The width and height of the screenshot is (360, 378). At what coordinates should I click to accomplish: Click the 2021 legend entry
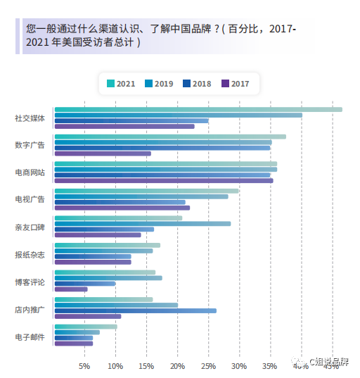(121, 84)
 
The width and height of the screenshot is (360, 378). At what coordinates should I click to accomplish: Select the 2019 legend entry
(159, 84)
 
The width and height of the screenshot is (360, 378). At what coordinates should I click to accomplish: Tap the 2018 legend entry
(197, 84)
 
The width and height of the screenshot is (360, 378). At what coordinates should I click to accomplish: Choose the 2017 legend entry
(235, 84)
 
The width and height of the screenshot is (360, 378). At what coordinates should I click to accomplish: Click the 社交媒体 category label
(30, 118)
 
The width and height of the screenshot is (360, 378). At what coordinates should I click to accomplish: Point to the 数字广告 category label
(30, 145)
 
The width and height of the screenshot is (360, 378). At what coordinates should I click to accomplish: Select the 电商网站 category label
(30, 172)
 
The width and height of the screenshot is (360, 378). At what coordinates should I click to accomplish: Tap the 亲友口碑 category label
(30, 227)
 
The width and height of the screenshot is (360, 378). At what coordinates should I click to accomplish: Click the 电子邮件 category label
(30, 336)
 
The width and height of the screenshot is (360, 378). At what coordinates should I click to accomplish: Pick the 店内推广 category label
(30, 309)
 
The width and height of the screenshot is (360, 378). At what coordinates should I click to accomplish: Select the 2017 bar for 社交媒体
(124, 127)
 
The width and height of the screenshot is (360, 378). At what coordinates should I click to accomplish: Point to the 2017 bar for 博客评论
(71, 289)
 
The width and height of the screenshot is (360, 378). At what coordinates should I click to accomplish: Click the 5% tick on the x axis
(84, 366)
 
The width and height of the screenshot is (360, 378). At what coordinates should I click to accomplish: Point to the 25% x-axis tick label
(208, 366)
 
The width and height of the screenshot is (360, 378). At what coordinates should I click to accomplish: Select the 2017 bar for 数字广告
(103, 153)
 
